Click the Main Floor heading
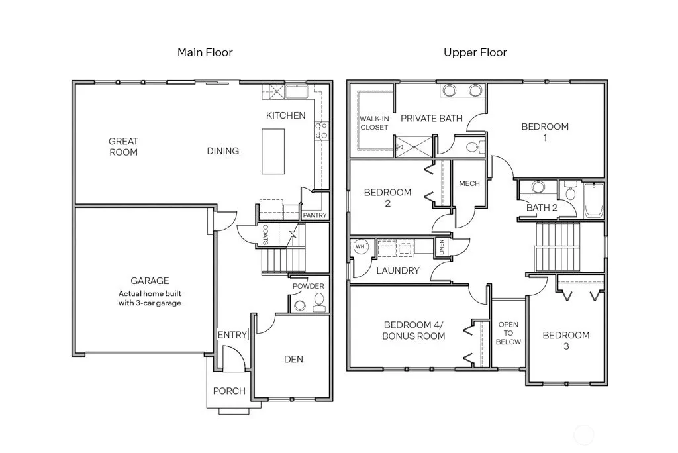point(205,52)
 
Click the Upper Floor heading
point(475,52)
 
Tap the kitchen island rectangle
point(273,152)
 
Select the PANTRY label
point(315,215)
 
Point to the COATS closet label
point(266,234)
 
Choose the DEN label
point(293,359)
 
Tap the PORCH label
point(229,391)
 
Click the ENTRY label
point(232,335)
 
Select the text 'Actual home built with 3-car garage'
point(150,298)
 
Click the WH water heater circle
point(360,246)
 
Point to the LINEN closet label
point(442,247)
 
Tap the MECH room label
point(469,183)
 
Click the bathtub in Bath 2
point(594,200)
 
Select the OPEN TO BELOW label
point(508,333)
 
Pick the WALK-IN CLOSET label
point(375,123)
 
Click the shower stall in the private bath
point(414,146)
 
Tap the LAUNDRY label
point(398,270)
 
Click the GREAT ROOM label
point(124,146)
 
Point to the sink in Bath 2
point(538,187)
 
